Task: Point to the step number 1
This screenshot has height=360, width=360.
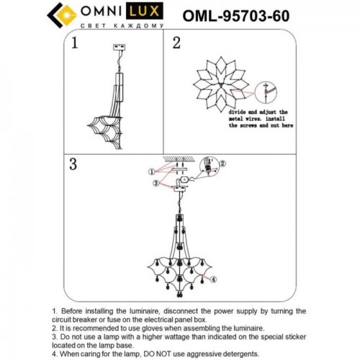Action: coord(73,45)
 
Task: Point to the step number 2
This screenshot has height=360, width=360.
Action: coord(176,43)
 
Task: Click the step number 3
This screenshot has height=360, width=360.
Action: coord(73,163)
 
